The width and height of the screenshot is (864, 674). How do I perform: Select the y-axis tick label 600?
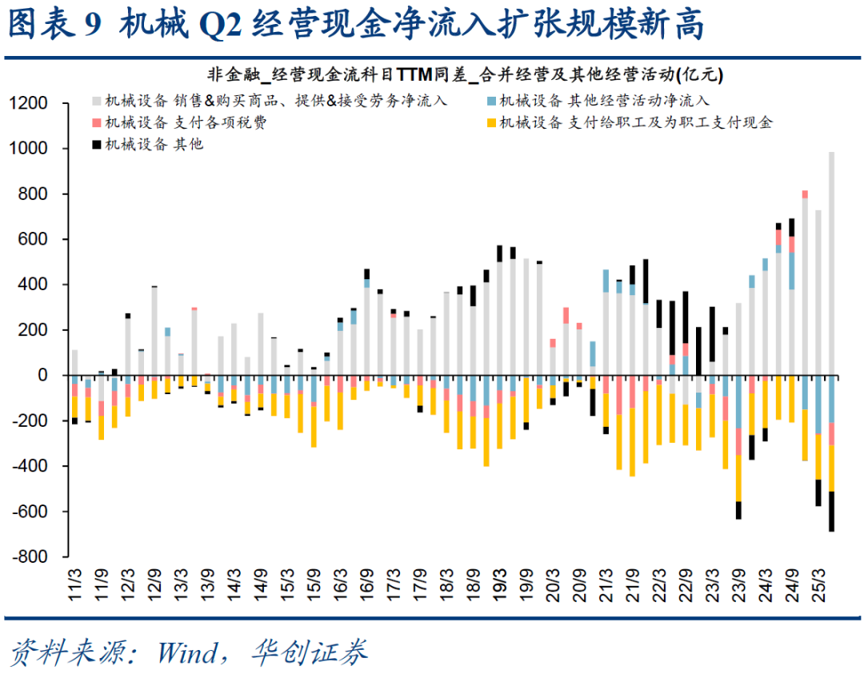pos(38,240)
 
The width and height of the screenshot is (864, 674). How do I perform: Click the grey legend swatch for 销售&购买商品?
pos(96,101)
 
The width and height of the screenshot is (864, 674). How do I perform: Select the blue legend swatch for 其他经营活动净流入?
pos(491,101)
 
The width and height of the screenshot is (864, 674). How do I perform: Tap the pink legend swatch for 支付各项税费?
pos(96,122)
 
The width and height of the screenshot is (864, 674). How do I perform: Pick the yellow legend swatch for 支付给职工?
pos(491,122)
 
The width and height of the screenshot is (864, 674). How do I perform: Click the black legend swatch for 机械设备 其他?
pos(96,144)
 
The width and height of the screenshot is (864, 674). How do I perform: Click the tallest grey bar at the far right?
pos(831,264)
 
